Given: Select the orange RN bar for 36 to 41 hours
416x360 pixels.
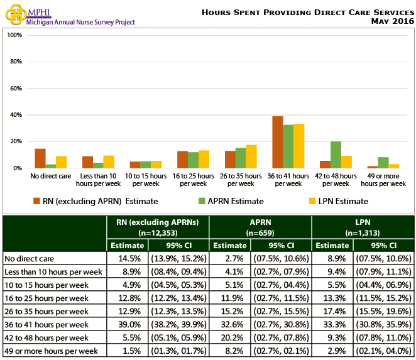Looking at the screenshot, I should point(277,142).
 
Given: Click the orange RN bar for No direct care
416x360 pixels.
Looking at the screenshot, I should point(40,158).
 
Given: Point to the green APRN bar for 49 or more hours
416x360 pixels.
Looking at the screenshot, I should point(383,163).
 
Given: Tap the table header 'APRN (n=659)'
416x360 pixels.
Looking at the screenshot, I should point(260,226).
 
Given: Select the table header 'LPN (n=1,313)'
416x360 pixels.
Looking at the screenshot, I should point(363,226).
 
